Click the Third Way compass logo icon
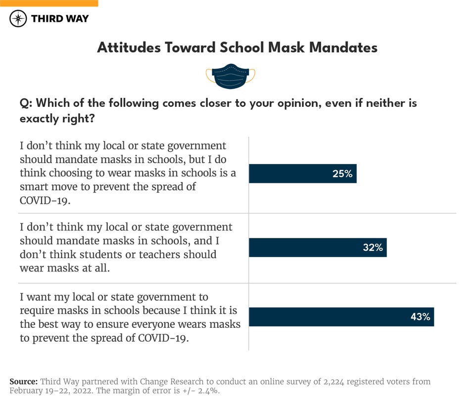point(18,19)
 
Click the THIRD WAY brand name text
point(60,19)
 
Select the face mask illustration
point(231,76)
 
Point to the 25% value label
point(342,174)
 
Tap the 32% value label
point(373,247)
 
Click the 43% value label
point(420,317)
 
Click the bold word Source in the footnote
point(23,382)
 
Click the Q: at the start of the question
point(26,103)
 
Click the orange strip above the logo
point(49,3)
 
